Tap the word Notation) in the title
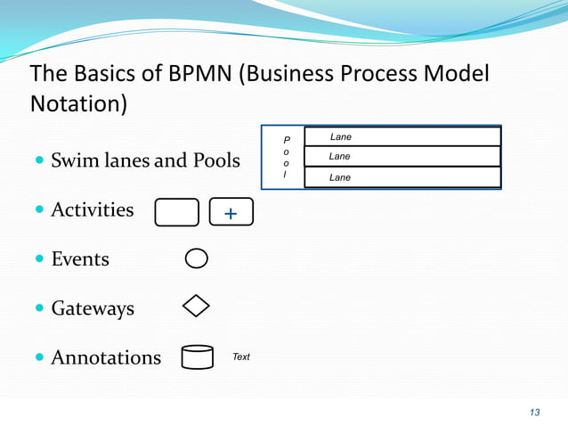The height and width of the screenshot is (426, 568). click(79, 103)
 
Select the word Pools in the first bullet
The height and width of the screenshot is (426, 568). click(210, 161)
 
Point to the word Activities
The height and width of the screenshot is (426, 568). click(93, 210)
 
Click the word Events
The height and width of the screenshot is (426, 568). click(80, 259)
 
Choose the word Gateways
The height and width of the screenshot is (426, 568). click(93, 309)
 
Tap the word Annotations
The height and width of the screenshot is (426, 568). click(106, 358)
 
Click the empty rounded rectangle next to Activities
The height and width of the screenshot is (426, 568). click(176, 213)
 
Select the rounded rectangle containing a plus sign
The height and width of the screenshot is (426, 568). click(231, 212)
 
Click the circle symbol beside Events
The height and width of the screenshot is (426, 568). click(197, 258)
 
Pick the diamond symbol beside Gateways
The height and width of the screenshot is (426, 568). click(196, 307)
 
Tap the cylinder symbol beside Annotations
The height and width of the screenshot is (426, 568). click(197, 357)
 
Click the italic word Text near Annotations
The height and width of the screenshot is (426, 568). click(241, 356)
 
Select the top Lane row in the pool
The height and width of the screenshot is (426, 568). click(402, 136)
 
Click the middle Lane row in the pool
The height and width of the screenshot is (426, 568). click(402, 156)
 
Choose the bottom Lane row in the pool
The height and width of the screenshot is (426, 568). click(402, 177)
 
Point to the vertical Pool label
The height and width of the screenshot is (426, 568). click(286, 157)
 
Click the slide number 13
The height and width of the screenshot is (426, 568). click(534, 412)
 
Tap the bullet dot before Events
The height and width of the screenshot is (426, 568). click(39, 259)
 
